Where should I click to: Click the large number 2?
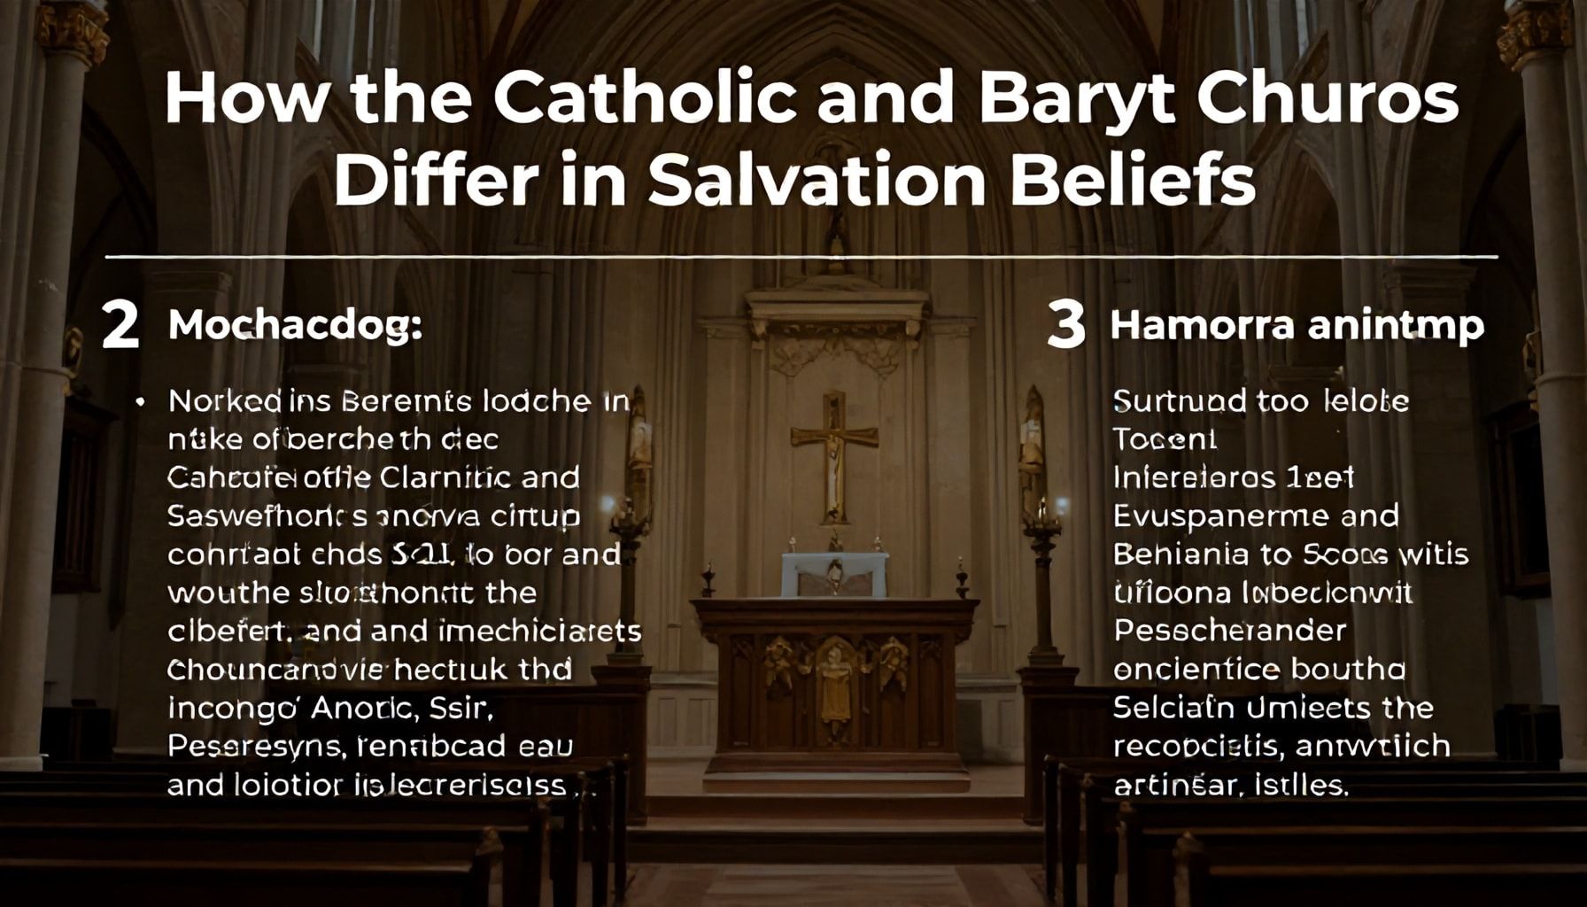coord(120,325)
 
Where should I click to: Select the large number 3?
coord(1065,325)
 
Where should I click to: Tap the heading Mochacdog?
coord(295,326)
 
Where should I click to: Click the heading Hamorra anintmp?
coord(1297,326)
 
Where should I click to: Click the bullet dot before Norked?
coord(140,401)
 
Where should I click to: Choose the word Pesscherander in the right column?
coord(1229,631)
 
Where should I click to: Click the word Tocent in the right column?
coord(1165,439)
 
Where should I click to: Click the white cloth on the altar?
coord(834,574)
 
